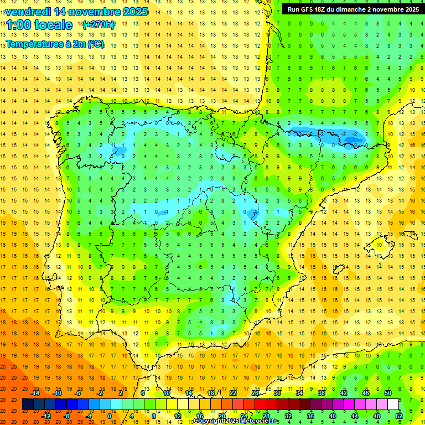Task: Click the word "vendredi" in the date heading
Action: tap(29, 12)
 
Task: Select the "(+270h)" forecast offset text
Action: tap(99, 24)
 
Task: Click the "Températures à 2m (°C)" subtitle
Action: tap(55, 44)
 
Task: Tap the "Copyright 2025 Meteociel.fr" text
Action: tap(236, 421)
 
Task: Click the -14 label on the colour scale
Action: tap(35, 393)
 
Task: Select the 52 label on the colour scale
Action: tap(399, 416)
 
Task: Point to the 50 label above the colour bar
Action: tap(388, 393)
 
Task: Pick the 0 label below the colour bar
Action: tap(109, 416)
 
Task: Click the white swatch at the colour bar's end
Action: tap(393, 404)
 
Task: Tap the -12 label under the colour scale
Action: tap(46, 416)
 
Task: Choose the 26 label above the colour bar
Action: tap(255, 393)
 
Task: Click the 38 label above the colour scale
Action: tap(322, 393)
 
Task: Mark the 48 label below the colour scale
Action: tap(377, 416)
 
